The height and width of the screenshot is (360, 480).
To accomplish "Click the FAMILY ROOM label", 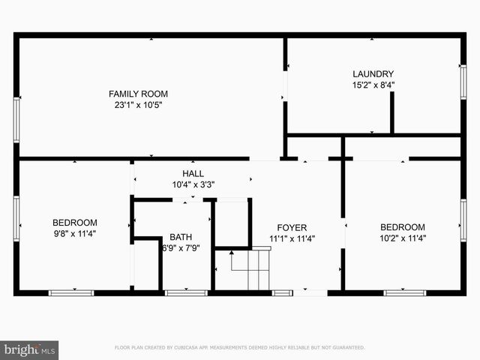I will (138, 94).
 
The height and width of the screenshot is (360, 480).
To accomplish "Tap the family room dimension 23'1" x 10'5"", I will (138, 105).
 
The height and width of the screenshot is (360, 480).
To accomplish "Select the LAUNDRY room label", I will (373, 73).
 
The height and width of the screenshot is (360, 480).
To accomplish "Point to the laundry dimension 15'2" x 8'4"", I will (373, 85).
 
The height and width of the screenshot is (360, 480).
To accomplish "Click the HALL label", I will (193, 173).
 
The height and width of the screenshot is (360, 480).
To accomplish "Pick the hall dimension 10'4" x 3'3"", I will (193, 184).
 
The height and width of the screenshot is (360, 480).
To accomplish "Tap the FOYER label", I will (292, 227).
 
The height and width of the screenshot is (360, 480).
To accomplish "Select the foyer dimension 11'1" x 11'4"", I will (292, 239).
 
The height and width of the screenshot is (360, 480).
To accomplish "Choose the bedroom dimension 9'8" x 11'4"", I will (74, 234).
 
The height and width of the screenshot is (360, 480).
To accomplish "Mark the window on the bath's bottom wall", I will (186, 292).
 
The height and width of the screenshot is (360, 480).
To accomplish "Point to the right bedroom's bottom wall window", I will (404, 292).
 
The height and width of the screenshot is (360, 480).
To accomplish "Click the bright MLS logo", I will (29, 349).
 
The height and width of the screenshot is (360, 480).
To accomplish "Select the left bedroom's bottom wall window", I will (71, 292).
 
